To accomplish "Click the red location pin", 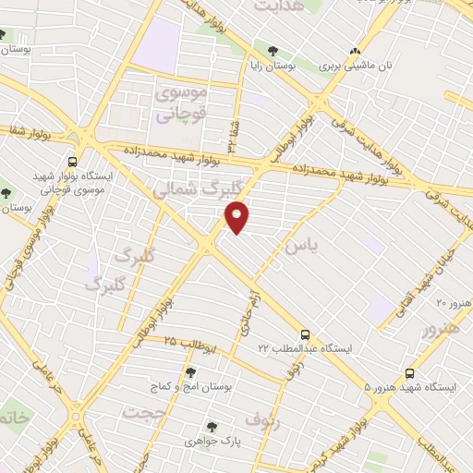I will click(x=237, y=217).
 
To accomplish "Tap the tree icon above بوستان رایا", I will click(x=272, y=51).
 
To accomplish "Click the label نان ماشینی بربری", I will click(x=357, y=67).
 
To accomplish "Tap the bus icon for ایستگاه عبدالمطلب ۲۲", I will click(x=305, y=334).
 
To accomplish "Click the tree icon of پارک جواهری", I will click(x=212, y=427).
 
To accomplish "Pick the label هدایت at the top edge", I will click(x=276, y=7).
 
